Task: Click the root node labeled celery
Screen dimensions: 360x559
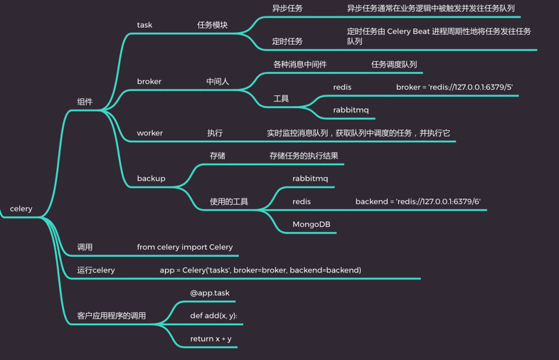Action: click(21, 208)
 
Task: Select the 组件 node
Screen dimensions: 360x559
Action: click(85, 102)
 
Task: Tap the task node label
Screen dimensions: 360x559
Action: click(144, 25)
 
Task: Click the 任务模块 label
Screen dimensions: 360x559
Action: click(213, 25)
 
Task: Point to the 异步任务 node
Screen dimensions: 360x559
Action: click(287, 9)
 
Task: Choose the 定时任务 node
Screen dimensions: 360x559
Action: click(287, 41)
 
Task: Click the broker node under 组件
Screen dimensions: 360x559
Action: click(149, 82)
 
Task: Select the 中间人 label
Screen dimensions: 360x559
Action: click(218, 82)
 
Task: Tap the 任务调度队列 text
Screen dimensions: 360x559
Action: click(394, 65)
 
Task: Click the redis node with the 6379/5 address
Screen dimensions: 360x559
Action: click(342, 88)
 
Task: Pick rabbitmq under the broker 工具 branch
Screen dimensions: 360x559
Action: click(351, 110)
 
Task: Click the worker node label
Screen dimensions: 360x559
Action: click(150, 133)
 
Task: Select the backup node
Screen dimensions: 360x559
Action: click(151, 179)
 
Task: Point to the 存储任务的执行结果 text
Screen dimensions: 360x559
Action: click(304, 156)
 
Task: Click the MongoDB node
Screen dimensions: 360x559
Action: click(312, 224)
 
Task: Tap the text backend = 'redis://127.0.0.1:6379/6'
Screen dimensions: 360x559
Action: click(417, 201)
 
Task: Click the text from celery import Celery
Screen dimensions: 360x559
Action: click(185, 247)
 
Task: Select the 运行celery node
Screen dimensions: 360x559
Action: click(96, 270)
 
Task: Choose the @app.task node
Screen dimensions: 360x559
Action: click(210, 292)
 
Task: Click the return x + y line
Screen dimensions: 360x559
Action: click(211, 339)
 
